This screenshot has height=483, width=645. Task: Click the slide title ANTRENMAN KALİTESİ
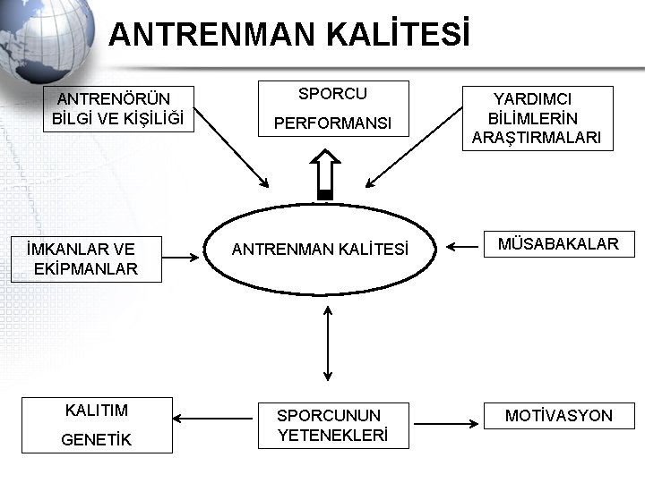click(x=288, y=35)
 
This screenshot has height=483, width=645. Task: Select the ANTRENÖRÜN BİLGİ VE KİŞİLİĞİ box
click(x=117, y=108)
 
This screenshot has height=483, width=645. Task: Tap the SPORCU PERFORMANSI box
click(x=333, y=108)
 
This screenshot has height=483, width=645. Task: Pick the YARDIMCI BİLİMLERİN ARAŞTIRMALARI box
click(x=537, y=118)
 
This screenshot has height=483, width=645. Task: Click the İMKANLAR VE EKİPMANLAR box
click(x=86, y=259)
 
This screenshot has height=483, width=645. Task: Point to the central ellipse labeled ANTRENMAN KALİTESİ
click(x=320, y=250)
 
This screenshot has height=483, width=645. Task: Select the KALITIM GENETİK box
click(x=97, y=425)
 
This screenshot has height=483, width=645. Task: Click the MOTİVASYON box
click(x=559, y=416)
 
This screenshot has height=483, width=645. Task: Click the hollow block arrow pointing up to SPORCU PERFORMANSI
click(x=324, y=173)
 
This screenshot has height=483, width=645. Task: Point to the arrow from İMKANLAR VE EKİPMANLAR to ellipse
click(x=183, y=257)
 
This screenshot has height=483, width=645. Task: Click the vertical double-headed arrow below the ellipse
click(x=328, y=343)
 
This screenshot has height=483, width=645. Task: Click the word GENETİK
click(x=97, y=440)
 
